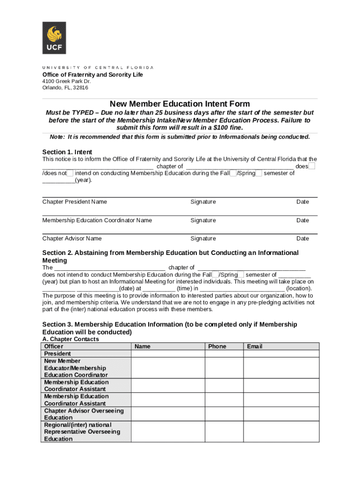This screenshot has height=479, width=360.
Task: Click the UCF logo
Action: [x=54, y=38]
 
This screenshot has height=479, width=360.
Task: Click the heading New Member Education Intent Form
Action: [x=180, y=104]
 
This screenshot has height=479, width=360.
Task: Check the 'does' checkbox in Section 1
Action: [x=312, y=166]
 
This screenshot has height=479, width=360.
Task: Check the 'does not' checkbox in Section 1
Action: [x=70, y=173]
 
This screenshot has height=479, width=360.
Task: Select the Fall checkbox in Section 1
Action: [x=233, y=173]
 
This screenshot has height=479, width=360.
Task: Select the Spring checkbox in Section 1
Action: [x=259, y=173]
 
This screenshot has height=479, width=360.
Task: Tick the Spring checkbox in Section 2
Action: [x=241, y=275]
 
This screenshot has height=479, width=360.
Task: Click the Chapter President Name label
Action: [x=74, y=202]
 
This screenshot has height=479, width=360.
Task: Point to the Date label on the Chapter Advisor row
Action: [x=302, y=239]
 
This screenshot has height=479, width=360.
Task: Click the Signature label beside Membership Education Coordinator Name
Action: [x=203, y=220]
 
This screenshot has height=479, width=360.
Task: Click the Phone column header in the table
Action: [x=217, y=347]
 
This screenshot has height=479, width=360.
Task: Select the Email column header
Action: [x=255, y=347]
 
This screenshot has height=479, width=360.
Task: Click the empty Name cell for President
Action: [x=168, y=354]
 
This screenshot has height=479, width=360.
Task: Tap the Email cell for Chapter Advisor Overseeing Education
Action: [x=281, y=414]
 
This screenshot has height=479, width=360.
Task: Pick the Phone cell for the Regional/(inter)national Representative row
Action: [x=224, y=432]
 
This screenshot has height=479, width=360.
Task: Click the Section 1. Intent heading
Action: [x=67, y=152]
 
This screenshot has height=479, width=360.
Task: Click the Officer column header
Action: [x=54, y=347]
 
